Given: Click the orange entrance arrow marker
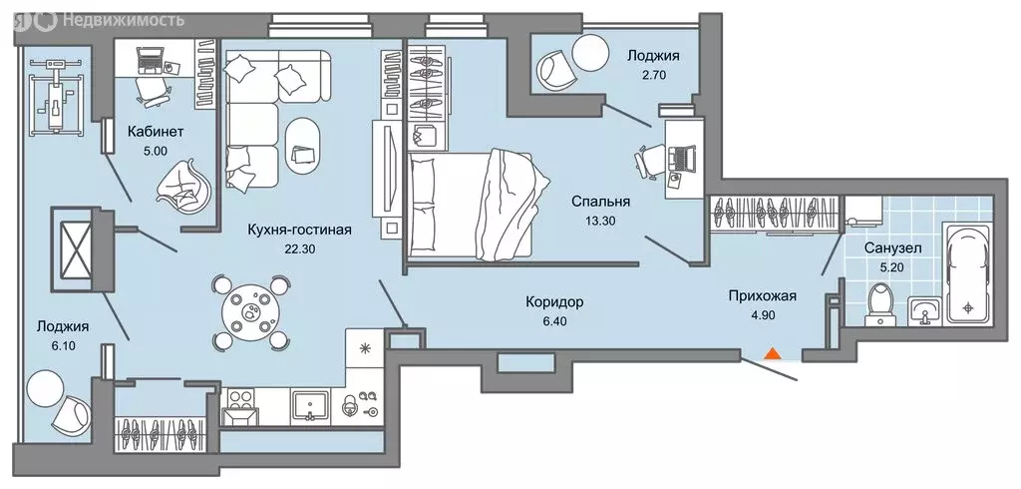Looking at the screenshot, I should point(770,352).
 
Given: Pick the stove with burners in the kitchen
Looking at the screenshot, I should point(239,405).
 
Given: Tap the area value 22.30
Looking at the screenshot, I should point(299,249).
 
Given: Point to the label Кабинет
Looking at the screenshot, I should point(156,131).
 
